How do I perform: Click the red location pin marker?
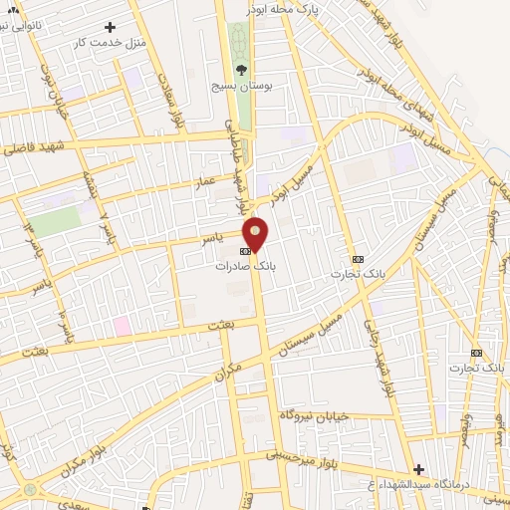257,234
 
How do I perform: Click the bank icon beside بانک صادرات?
245,252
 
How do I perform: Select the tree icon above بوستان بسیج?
240,70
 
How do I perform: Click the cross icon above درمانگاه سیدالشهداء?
418,468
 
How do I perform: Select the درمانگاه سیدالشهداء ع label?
412,484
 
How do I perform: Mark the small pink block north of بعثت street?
122,325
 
